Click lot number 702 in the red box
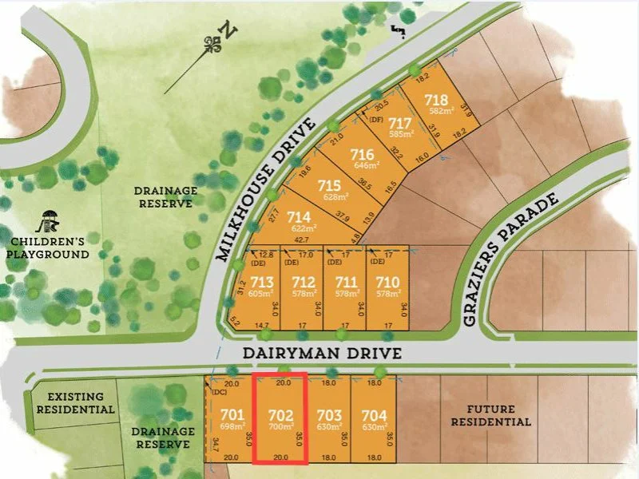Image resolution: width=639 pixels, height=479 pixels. point(280,415)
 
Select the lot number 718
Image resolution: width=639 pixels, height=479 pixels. point(435,100)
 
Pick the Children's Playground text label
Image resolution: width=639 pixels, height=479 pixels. point(48,248)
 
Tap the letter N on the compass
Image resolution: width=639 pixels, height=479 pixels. point(229,32)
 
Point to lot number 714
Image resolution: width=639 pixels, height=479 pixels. point(299,216)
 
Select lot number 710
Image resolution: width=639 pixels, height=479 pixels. point(387,281)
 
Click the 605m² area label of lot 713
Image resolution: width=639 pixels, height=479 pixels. point(262,294)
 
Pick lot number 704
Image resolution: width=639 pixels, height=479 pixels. point(374,415)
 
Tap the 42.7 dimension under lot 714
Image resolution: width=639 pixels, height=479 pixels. point(302,239)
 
